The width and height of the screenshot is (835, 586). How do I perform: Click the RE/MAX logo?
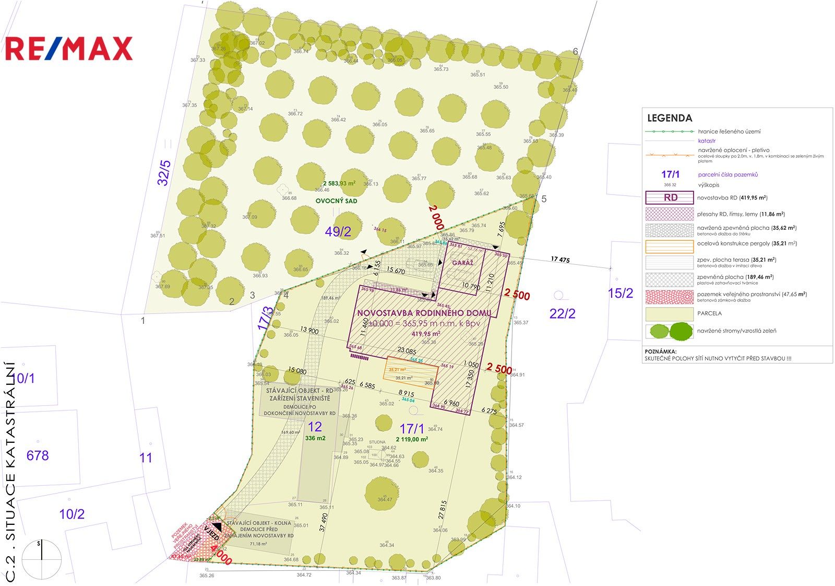click(68, 49)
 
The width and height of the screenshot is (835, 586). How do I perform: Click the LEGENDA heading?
click(670, 118)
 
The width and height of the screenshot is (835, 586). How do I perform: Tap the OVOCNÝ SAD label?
click(336, 201)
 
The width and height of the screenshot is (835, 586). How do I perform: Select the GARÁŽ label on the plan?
click(462, 263)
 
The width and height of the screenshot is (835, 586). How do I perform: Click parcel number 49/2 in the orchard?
click(338, 231)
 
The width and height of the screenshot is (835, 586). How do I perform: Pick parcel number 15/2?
click(621, 294)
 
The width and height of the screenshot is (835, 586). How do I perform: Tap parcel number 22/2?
click(562, 313)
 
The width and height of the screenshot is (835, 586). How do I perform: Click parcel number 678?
click(38, 455)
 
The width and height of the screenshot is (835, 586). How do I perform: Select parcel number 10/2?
click(72, 514)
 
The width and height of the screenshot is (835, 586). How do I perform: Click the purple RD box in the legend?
click(670, 198)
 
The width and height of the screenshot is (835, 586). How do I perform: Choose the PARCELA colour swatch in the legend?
click(670, 314)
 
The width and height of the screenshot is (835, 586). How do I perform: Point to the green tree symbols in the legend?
click(670, 331)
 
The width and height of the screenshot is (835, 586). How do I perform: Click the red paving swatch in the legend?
click(670, 297)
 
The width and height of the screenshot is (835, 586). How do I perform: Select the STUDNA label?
click(377, 442)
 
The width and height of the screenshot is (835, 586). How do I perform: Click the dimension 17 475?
click(560, 260)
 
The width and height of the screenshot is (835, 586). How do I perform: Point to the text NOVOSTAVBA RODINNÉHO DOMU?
click(424, 313)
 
